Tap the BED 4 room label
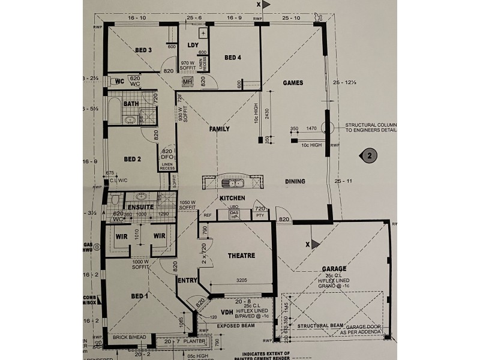click(233, 58)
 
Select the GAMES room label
click(293, 83)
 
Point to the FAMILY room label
click(220, 129)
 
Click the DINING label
click(295, 181)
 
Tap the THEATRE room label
click(242, 256)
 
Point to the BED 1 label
click(139, 296)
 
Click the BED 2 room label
click(132, 159)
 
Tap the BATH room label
click(131, 104)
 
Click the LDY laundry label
click(193, 45)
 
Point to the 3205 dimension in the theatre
click(242, 280)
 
